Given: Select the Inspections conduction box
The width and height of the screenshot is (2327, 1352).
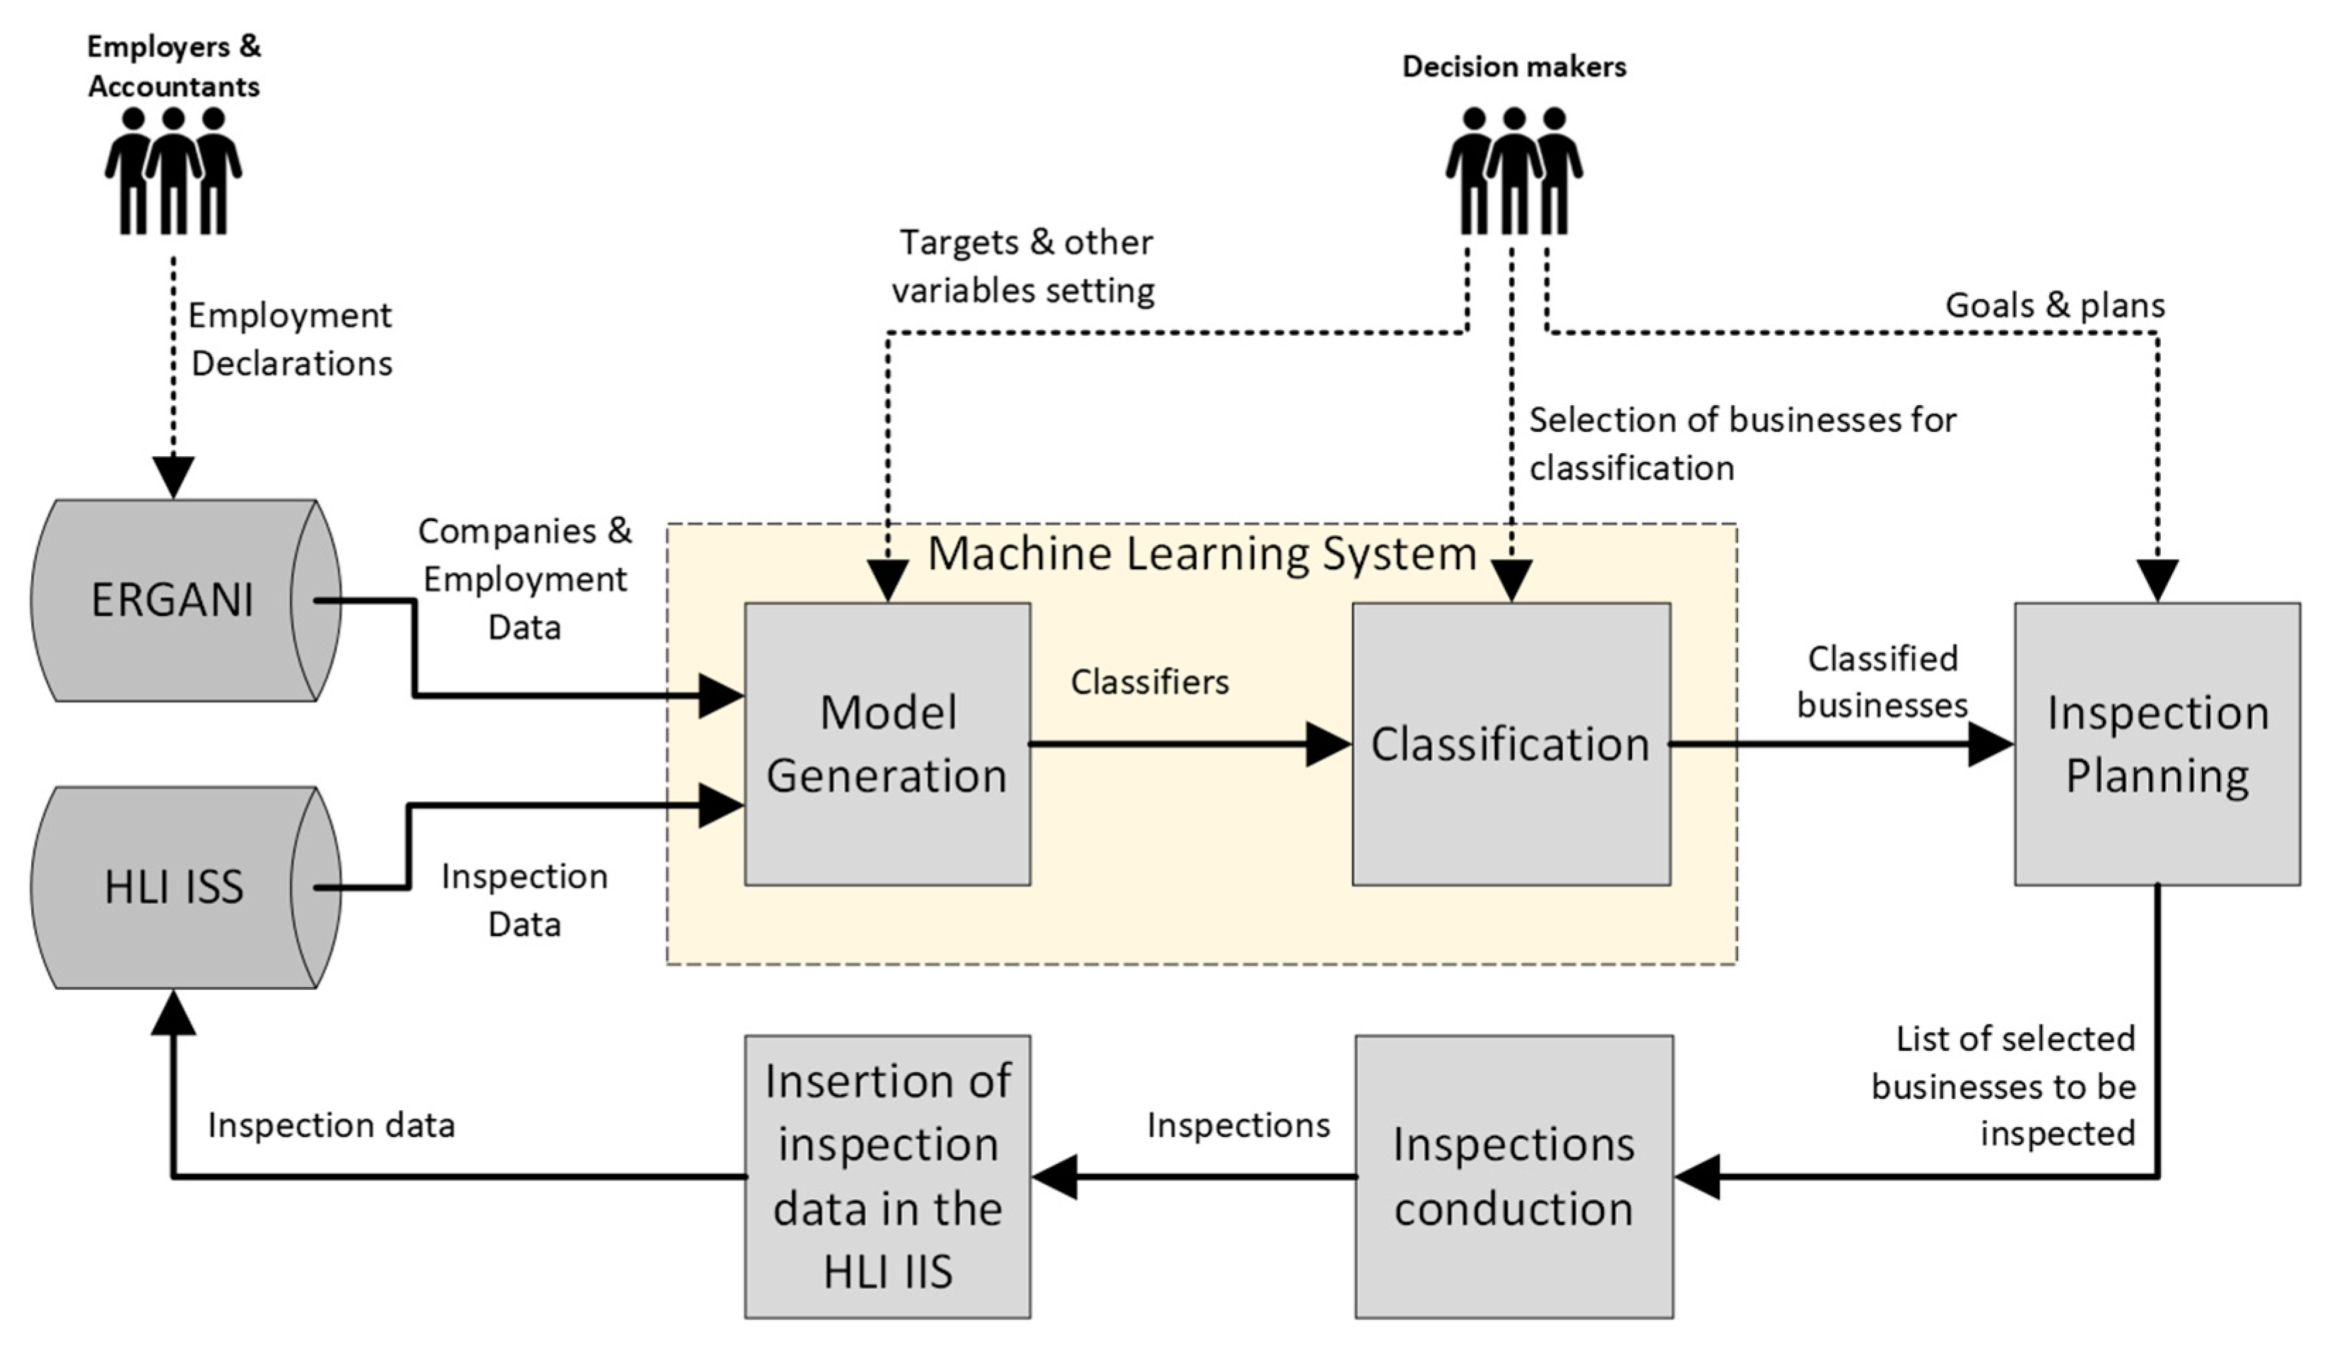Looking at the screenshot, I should coord(1513,1176).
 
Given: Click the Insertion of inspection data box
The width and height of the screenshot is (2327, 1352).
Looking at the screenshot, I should coord(886,1176).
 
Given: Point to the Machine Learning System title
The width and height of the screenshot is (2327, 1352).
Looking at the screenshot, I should coord(1200,554).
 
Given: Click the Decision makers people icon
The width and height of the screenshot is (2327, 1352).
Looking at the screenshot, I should coord(1513,171).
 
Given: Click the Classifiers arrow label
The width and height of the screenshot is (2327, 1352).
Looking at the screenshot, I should coord(1149,682).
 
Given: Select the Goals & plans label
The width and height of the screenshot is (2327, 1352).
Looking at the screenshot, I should coord(2055,305).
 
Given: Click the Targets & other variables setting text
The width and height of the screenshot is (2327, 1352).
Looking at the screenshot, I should coord(1023,266).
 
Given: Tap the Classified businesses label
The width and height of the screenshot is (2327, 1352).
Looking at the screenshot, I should coord(1882,682).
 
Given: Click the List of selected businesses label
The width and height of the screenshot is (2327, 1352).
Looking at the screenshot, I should coord(2004,1086).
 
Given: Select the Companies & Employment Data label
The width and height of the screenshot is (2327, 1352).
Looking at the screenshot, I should coord(524,579).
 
